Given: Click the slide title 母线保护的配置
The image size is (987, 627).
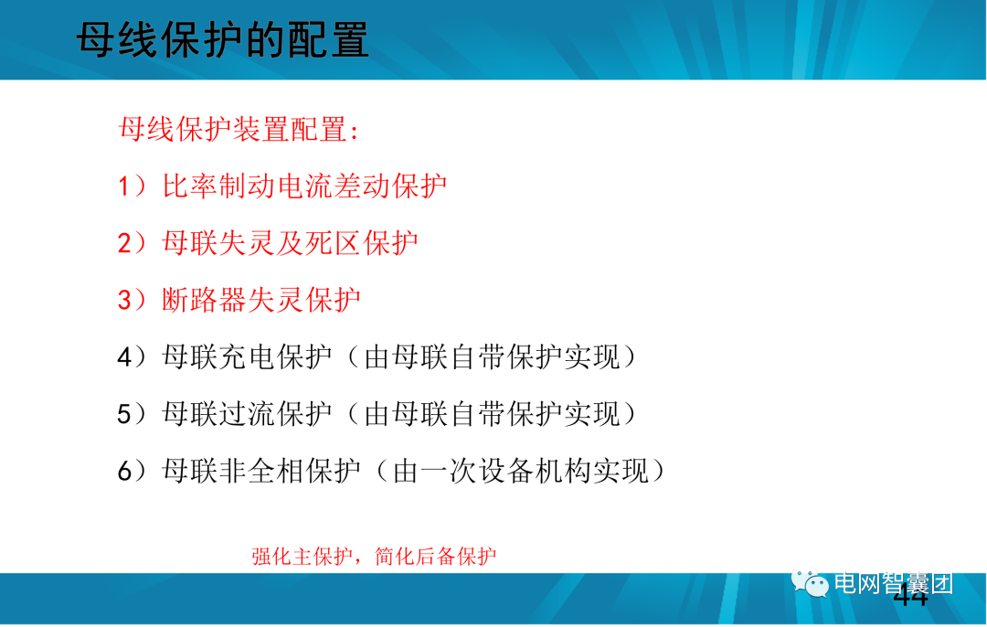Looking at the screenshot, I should tap(223, 41).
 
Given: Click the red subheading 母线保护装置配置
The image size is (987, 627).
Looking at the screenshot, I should tap(239, 129).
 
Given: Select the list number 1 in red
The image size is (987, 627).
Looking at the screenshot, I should tap(125, 186).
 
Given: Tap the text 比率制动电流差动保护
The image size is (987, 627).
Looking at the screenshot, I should tap(304, 186).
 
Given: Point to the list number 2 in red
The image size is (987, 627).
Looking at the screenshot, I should tap(125, 243).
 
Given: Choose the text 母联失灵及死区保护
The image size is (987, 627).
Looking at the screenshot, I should tap(290, 243).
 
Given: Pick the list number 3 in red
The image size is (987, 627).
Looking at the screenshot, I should tap(125, 300).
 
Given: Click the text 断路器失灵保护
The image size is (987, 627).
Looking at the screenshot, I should tap(261, 300).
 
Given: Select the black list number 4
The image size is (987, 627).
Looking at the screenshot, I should tap(125, 357).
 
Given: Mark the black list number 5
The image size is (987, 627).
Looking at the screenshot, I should tap(125, 414).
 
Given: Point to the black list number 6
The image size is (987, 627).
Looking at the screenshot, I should tap(125, 472).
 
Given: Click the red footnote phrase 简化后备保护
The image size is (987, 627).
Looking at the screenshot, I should tap(436, 557).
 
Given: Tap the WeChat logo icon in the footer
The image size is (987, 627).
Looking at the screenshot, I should tap(811, 582).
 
